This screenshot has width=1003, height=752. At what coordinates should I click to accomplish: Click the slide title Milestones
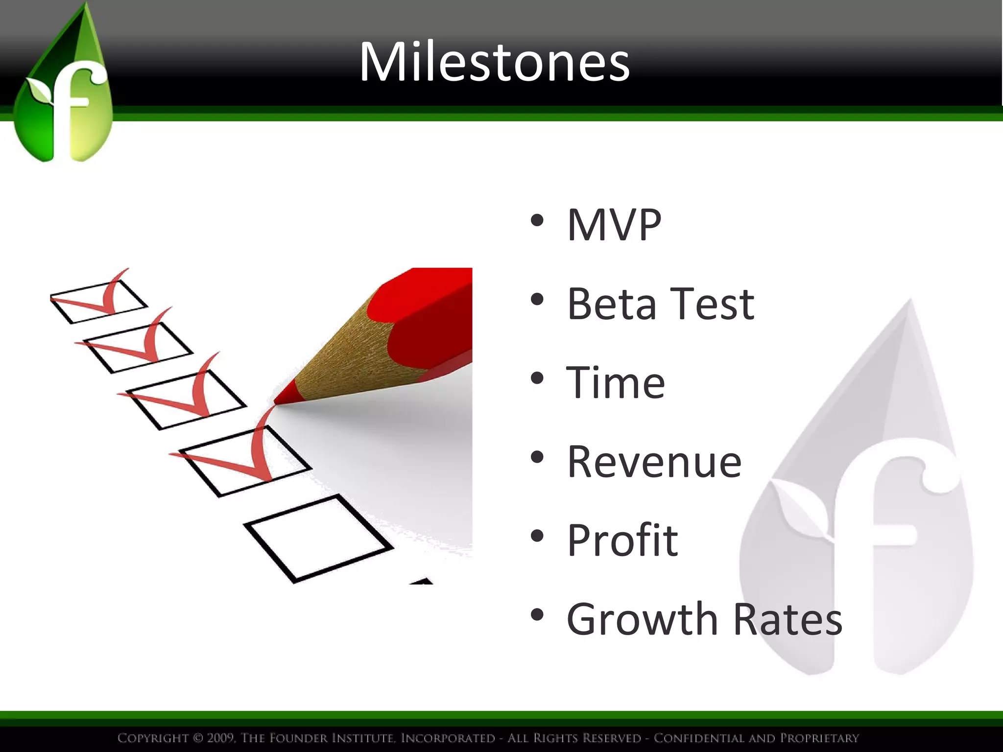(x=495, y=62)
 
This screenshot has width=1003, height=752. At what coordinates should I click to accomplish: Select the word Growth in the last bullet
(x=642, y=619)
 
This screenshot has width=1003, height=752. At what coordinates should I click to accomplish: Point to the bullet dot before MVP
(x=537, y=220)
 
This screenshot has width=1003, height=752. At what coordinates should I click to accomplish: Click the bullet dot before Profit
(x=537, y=536)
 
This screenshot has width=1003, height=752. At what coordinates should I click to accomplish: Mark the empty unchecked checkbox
(x=318, y=539)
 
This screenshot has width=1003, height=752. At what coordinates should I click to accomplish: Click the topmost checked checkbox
(x=98, y=301)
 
